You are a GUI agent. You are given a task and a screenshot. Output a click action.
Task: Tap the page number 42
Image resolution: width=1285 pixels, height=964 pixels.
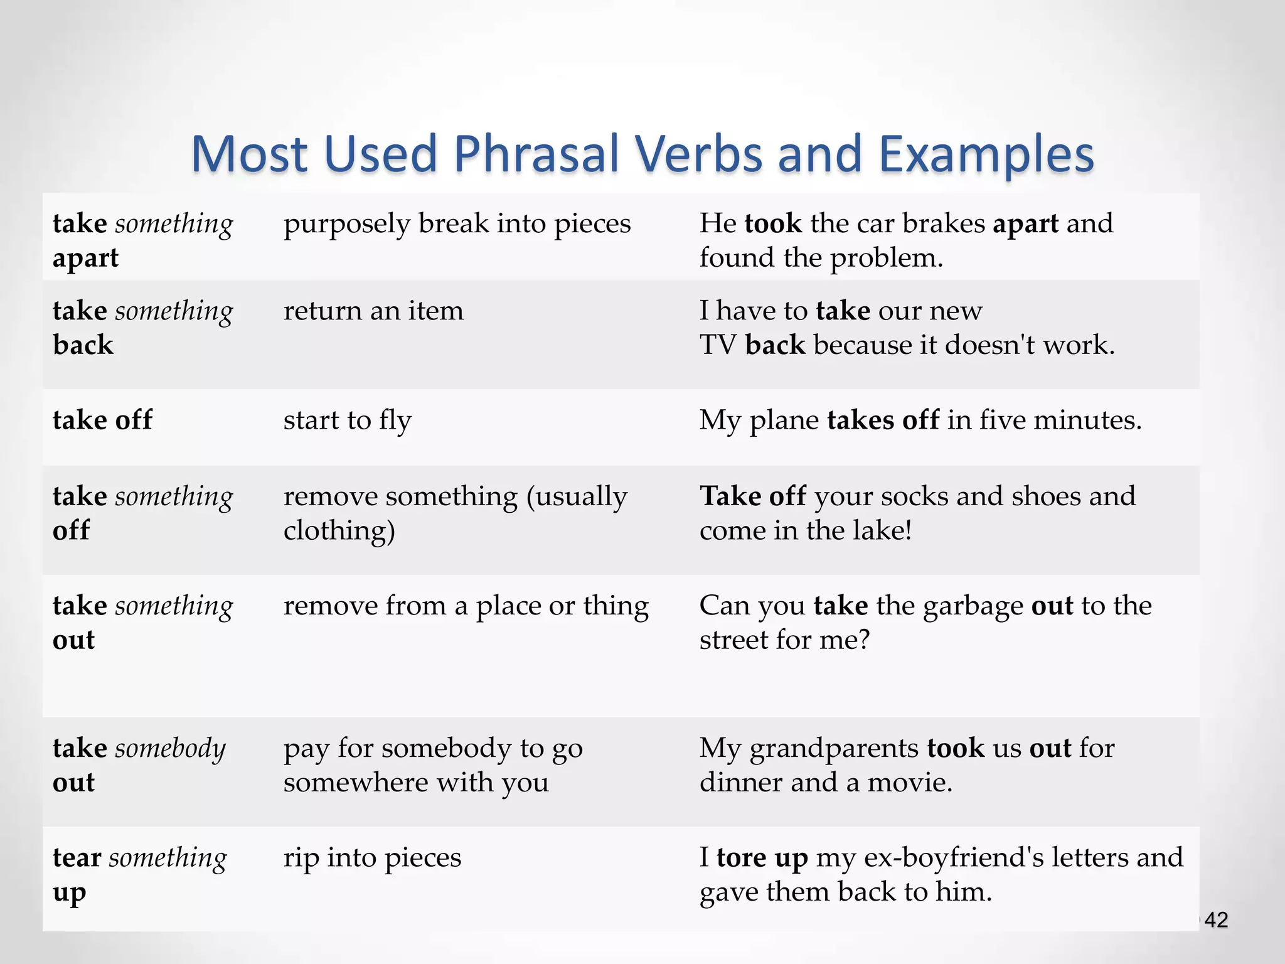coord(1217,920)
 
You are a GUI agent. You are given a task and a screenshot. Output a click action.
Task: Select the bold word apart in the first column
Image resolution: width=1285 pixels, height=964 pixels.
coord(85,258)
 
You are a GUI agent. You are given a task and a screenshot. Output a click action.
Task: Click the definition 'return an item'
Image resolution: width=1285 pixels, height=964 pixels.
coord(373,311)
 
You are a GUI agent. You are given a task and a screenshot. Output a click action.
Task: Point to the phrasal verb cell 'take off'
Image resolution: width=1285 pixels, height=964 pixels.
coord(102,420)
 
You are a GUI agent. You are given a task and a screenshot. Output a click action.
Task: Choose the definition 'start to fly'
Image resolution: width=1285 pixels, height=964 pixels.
coord(347,420)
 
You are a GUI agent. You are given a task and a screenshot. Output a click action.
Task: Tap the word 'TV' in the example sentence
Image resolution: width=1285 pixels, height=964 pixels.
coord(718,345)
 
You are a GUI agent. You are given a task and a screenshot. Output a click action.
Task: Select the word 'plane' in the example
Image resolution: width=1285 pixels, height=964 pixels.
coord(784,420)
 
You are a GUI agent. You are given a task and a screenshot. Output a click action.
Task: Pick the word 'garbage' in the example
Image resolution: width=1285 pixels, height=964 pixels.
coord(973,606)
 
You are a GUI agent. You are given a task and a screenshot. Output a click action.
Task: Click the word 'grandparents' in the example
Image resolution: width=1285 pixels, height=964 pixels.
coord(834,748)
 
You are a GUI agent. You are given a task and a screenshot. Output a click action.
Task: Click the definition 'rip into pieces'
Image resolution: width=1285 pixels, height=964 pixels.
coord(372,857)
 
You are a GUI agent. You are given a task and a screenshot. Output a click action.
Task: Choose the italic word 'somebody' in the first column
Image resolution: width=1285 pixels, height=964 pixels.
coord(170,748)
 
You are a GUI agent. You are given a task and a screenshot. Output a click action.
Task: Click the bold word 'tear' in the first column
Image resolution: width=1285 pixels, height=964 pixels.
coord(77,857)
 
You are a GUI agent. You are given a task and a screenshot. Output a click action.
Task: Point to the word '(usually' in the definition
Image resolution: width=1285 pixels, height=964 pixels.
coord(577,496)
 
